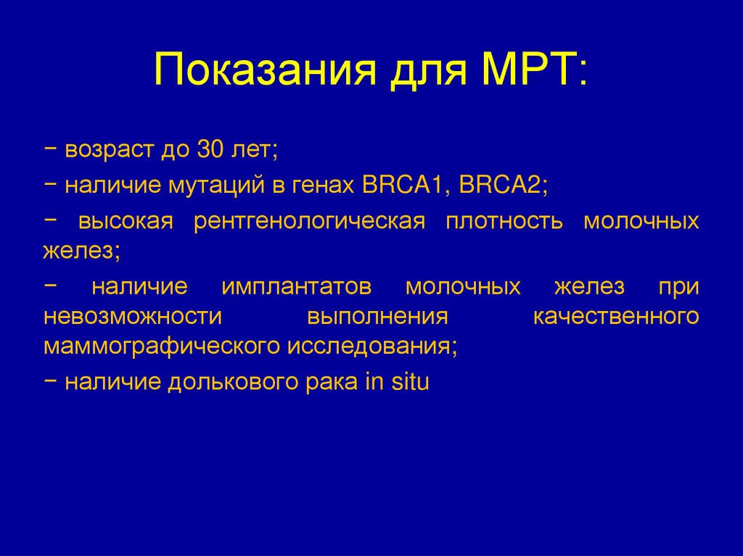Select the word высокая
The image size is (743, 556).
click(126, 221)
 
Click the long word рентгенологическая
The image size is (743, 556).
click(309, 221)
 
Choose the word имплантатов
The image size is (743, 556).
click(297, 286)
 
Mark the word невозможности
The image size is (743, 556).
click(132, 317)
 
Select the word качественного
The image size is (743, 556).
click(616, 317)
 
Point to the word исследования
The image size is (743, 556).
click(371, 347)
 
